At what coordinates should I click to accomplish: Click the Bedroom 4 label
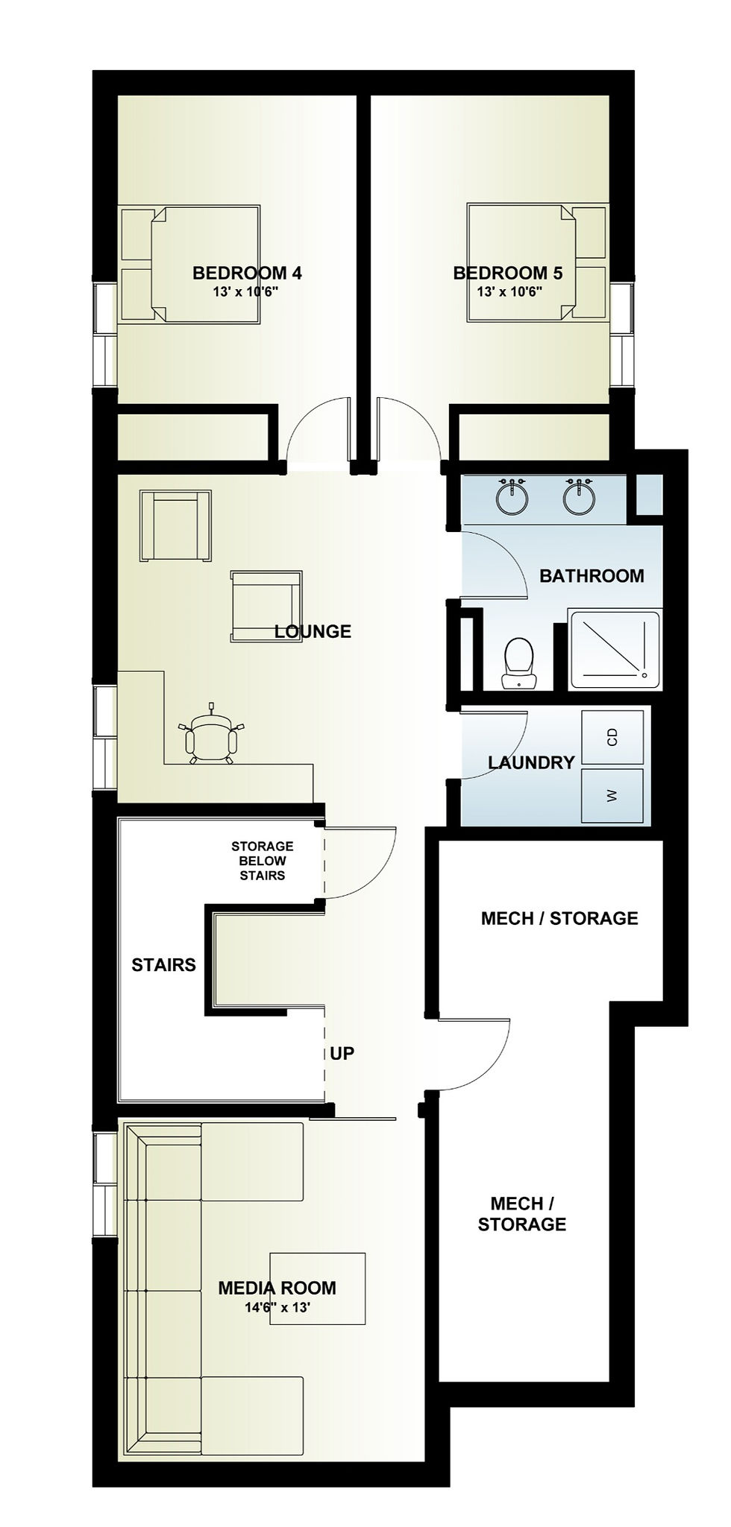(247, 273)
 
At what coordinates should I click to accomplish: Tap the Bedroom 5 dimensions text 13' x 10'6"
(509, 291)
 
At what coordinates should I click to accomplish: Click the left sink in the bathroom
(512, 497)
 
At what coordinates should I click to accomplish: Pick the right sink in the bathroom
(579, 497)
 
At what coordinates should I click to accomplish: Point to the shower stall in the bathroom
(614, 649)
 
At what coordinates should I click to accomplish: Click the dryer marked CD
(612, 737)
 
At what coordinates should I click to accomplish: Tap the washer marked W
(612, 796)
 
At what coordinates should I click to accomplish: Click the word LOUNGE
(313, 632)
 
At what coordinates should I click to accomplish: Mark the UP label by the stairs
(342, 1053)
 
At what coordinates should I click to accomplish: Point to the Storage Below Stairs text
(262, 861)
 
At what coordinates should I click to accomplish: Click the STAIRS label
(163, 965)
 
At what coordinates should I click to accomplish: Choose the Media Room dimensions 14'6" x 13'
(277, 1306)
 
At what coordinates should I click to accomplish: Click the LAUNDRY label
(531, 762)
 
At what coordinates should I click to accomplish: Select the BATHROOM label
(592, 575)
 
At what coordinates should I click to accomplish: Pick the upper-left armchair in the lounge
(175, 525)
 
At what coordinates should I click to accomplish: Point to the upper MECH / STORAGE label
(559, 918)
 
